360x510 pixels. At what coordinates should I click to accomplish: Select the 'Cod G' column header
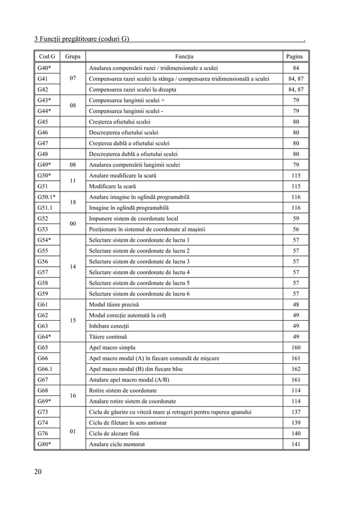[x=46, y=56]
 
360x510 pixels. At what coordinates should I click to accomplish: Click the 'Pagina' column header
[x=295, y=56]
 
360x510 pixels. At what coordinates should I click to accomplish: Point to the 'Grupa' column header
[x=72, y=56]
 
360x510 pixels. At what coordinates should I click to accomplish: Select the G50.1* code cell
[x=46, y=197]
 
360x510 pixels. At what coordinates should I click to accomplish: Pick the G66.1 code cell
[x=44, y=369]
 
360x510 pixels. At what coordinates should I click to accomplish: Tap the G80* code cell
[x=44, y=444]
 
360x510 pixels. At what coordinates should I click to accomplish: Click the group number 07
[x=72, y=79]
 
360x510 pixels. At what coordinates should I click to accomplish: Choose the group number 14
[x=72, y=267]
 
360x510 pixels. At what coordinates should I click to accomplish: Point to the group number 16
[x=72, y=396]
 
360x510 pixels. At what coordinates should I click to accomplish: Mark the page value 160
[x=296, y=347]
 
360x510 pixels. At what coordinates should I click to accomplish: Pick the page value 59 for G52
[x=296, y=219]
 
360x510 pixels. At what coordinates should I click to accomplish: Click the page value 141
[x=296, y=444]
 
